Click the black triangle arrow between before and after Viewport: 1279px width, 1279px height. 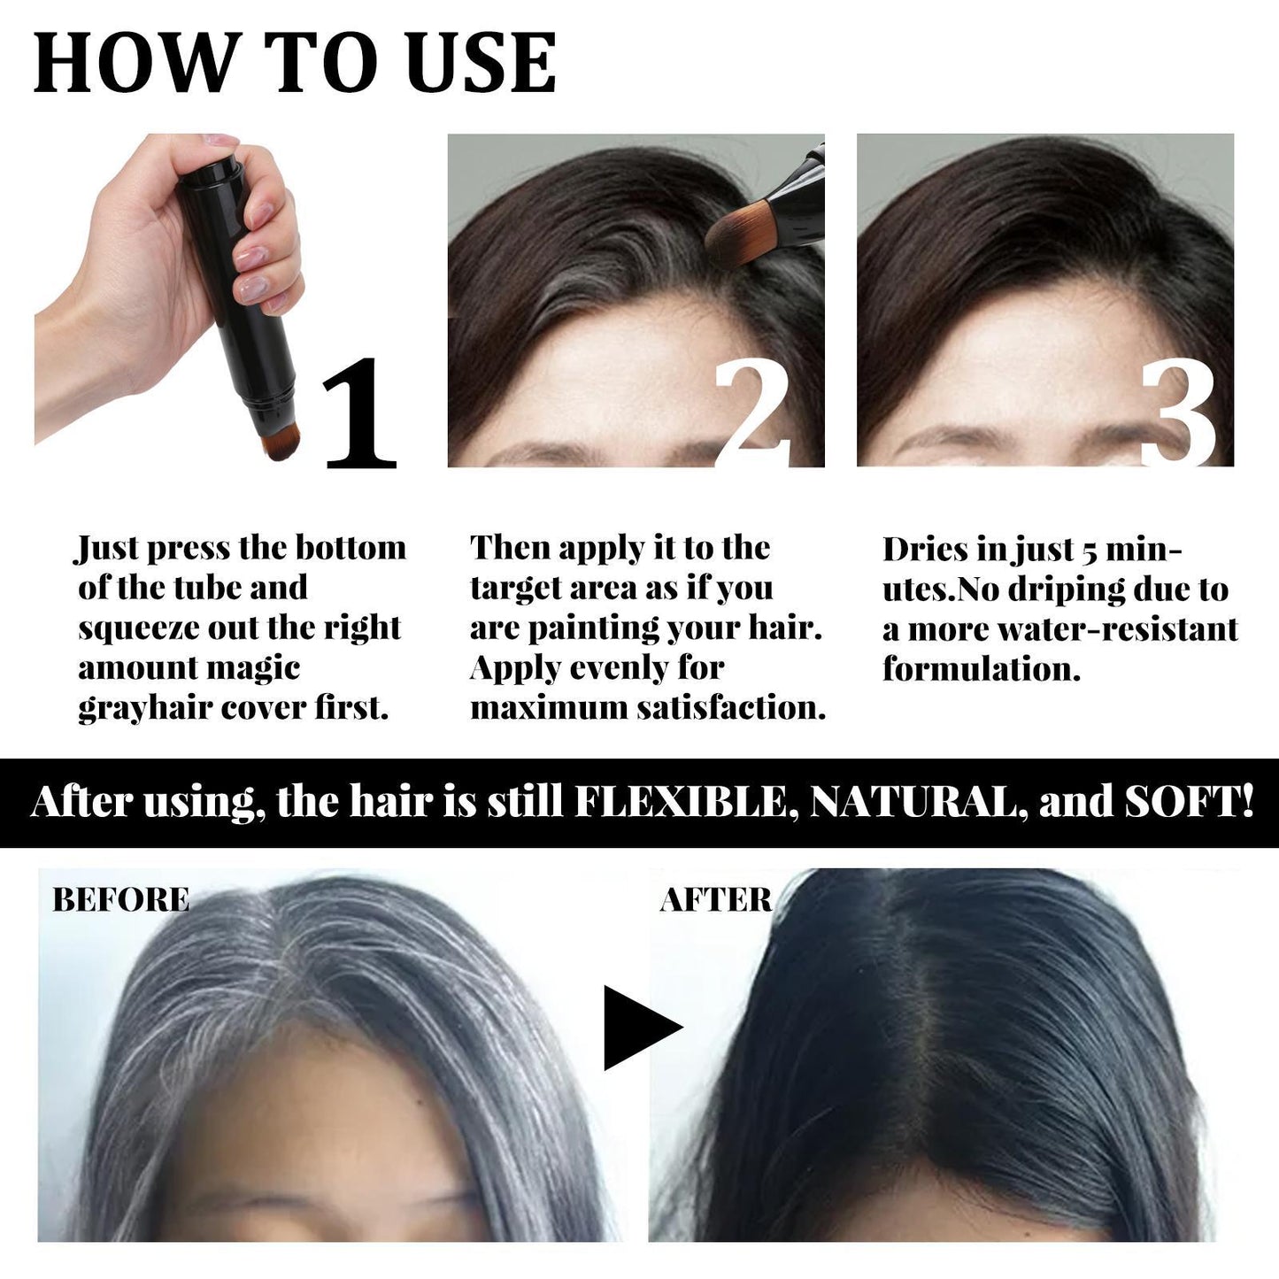pos(640,1028)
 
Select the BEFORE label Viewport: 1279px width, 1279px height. pos(121,899)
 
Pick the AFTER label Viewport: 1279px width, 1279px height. pos(716,900)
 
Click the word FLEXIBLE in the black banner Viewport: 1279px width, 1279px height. pos(681,803)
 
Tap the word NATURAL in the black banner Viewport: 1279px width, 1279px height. pos(913,803)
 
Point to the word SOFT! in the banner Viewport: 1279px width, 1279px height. pos(1189,803)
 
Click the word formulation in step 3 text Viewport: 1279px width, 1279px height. pos(981,669)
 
